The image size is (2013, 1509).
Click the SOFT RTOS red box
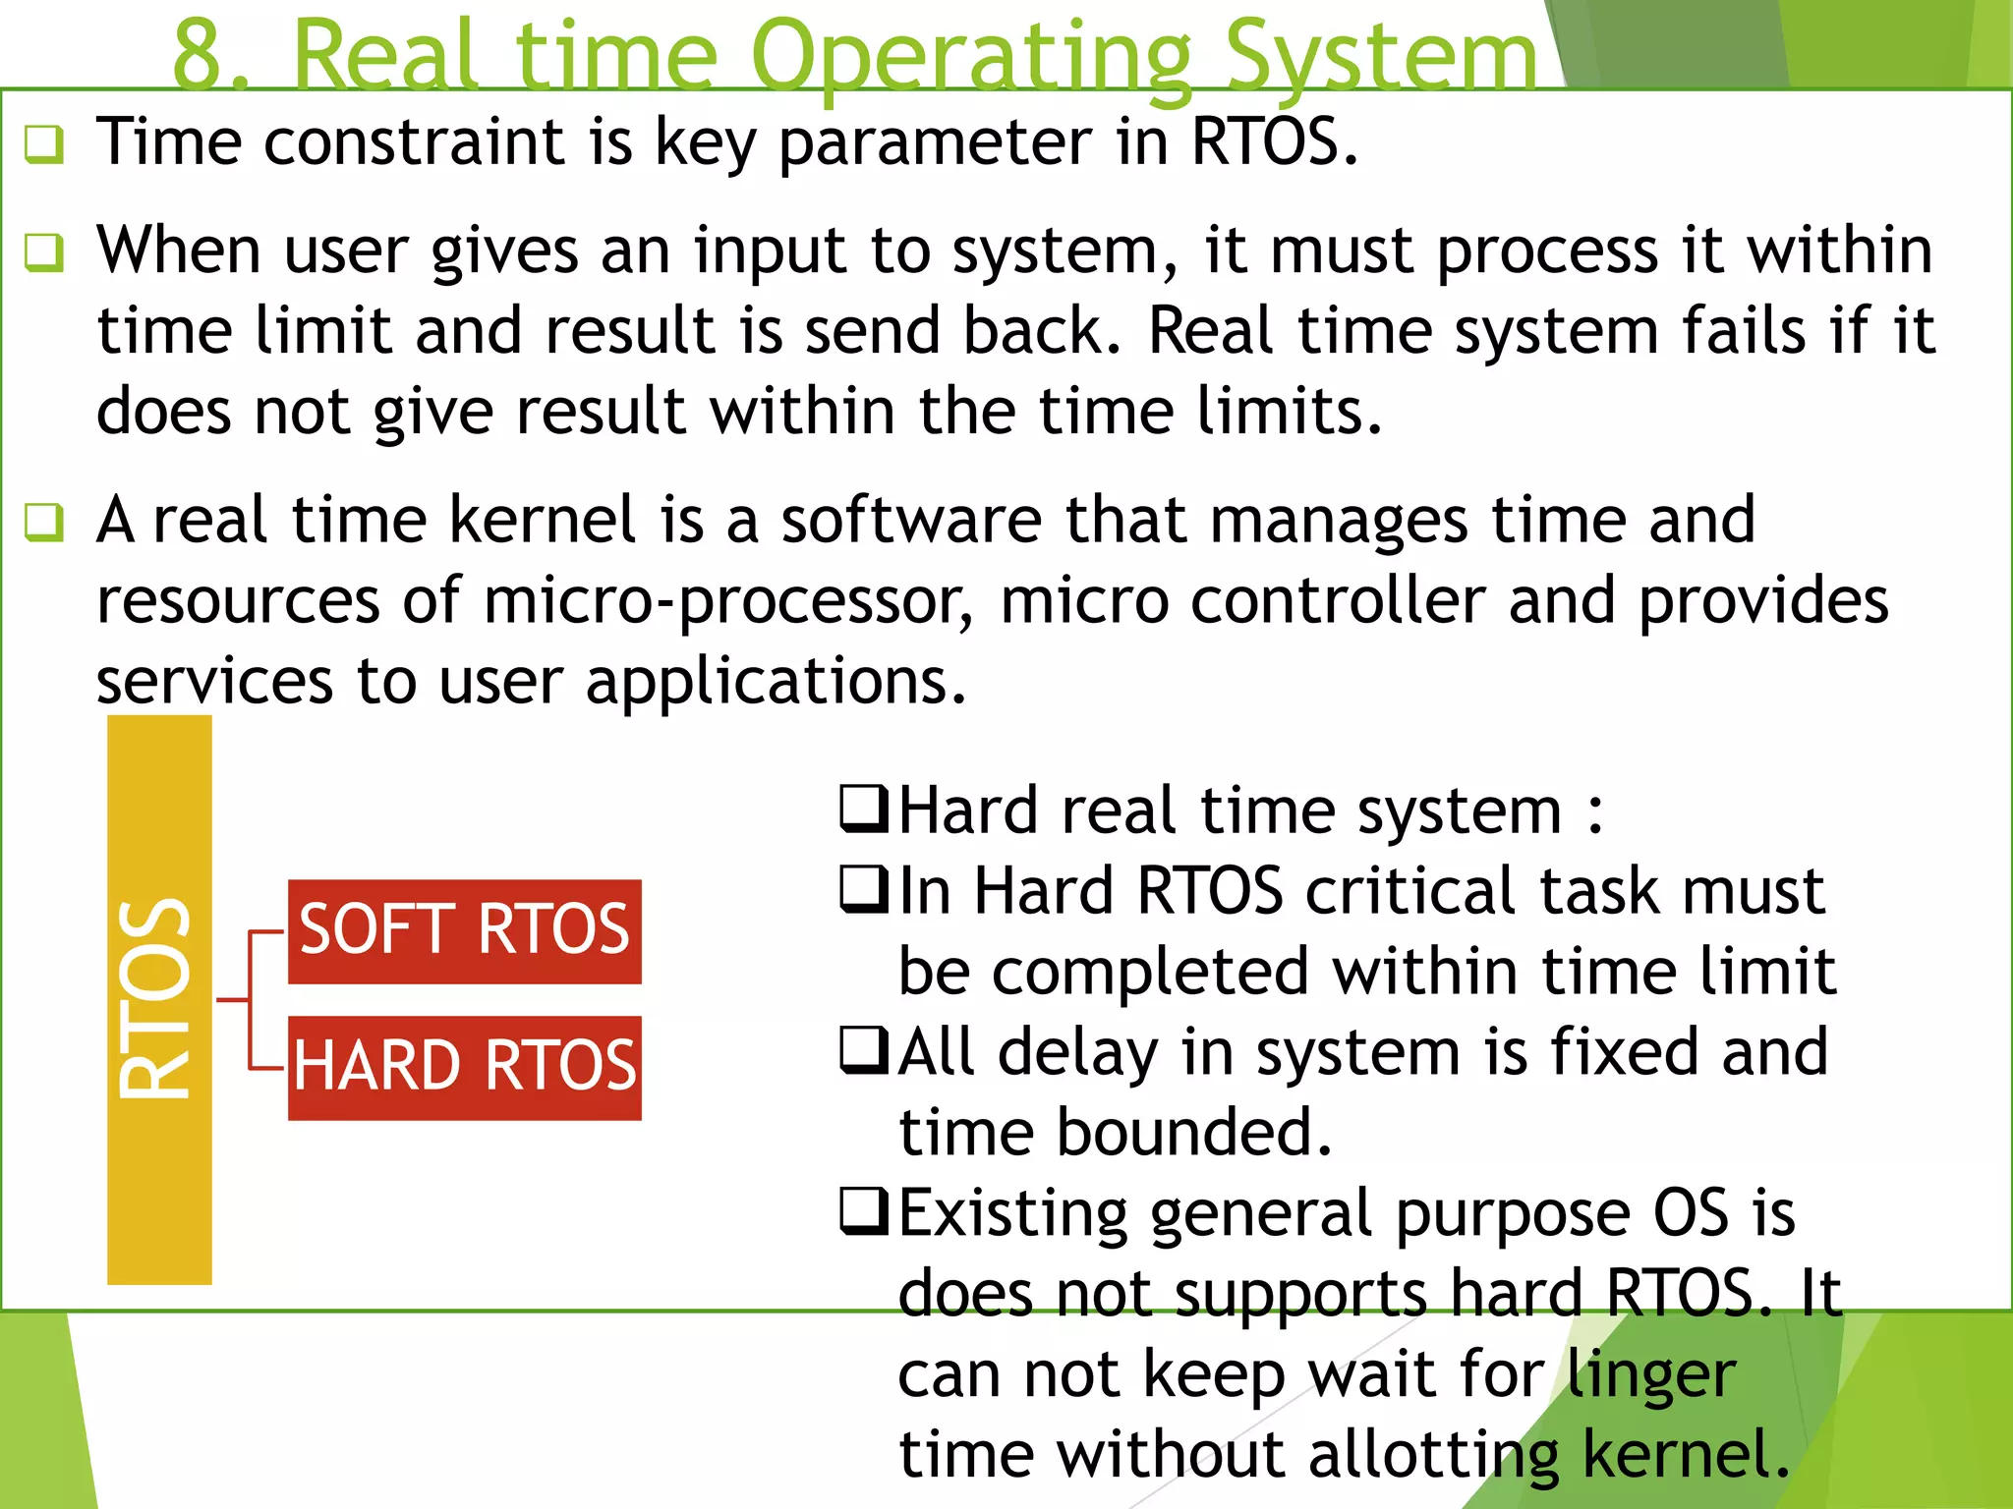464,931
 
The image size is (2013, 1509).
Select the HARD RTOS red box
464,1068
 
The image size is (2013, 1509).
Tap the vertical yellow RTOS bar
159,999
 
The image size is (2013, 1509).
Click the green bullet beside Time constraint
44,144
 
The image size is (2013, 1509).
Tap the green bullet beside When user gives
44,252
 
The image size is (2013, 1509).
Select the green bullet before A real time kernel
44,523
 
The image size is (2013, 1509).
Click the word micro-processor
727,601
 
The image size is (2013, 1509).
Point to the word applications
776,682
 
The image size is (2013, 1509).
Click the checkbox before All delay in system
864,1051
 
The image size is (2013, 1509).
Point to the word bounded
1193,1133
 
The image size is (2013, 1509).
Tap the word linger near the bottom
1650,1374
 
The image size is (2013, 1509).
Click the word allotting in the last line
1434,1455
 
